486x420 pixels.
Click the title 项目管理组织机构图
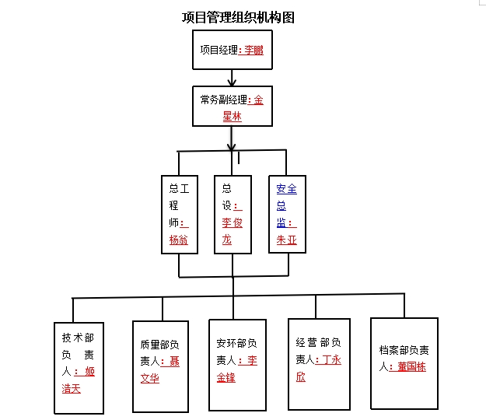tap(237, 17)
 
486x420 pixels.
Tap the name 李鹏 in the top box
tap(255, 51)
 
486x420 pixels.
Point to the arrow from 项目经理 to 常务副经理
tap(232, 77)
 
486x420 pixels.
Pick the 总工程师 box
tap(178, 214)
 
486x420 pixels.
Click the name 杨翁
tap(178, 240)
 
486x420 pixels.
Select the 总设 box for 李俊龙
tap(233, 214)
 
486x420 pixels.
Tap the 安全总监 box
tap(287, 214)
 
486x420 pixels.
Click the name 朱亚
tap(287, 240)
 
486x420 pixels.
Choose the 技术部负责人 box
tap(79, 365)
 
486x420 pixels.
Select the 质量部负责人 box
tap(160, 366)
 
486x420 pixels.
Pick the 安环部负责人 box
tap(236, 365)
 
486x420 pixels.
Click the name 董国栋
tap(411, 367)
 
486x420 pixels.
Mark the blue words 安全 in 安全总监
tap(286, 188)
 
